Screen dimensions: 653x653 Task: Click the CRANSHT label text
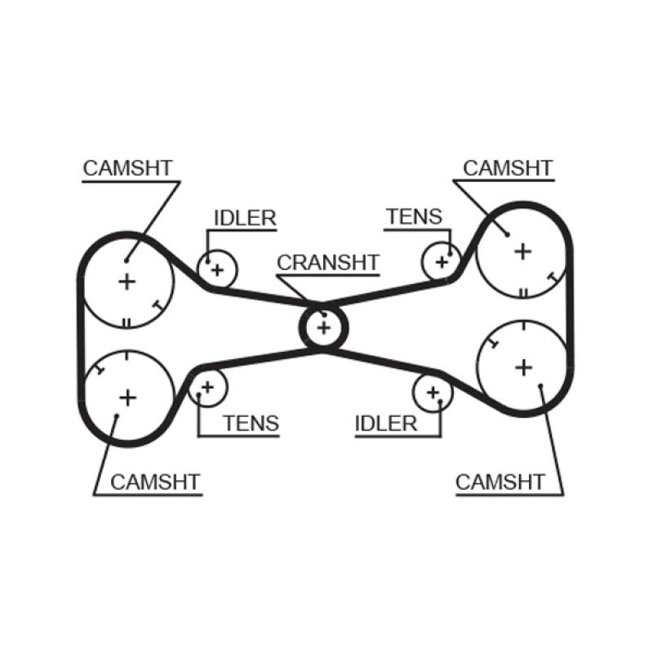327,263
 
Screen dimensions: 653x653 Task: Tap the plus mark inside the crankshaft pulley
325,327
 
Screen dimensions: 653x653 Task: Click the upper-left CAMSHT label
127,168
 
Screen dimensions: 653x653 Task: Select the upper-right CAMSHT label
508,168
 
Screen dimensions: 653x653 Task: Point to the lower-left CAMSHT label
155,482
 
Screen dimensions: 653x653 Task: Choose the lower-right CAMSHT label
500,482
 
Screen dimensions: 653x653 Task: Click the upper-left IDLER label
245,218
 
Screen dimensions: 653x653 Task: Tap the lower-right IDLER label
385,423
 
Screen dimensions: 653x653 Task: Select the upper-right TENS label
414,217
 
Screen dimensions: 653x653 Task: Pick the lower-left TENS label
251,423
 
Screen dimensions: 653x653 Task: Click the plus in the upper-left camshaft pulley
127,282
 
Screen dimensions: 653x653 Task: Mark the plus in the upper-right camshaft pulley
522,251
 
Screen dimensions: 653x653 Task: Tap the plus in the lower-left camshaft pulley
127,397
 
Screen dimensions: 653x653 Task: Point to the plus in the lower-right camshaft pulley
523,367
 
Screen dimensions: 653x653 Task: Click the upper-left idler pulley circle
217,268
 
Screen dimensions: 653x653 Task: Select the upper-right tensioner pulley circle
442,262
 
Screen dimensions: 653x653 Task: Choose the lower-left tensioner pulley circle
207,386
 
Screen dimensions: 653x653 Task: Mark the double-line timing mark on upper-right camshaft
522,292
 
